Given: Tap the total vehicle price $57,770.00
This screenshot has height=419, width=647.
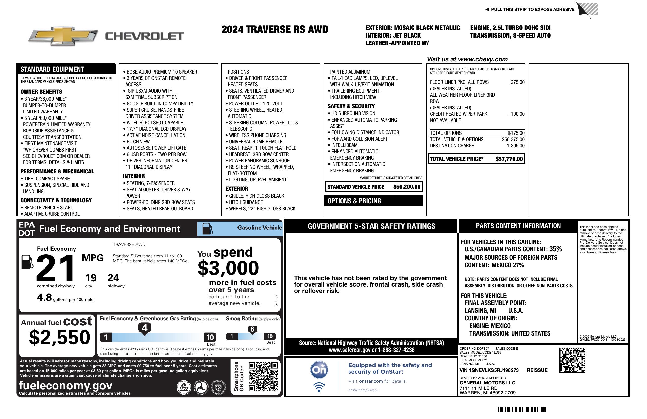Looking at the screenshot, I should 509,159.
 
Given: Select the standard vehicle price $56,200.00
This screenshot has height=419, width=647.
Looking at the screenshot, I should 407,187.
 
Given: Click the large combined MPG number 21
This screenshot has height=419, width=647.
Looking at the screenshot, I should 55,268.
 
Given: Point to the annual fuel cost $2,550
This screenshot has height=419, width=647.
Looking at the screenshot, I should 60,338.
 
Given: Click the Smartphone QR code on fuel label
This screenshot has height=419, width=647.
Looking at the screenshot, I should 263,376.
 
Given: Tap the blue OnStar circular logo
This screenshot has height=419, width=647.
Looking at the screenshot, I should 319,370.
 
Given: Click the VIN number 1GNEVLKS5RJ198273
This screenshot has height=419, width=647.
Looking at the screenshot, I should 489,370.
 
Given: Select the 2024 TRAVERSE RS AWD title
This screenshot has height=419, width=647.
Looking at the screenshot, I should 275,29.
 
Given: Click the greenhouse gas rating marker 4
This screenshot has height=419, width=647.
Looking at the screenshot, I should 145,328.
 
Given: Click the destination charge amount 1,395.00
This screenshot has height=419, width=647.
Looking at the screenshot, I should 516,146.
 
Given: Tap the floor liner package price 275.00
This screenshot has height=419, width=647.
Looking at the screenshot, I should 518,82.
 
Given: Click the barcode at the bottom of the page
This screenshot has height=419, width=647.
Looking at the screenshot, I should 521,409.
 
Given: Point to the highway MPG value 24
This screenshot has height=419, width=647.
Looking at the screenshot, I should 113,278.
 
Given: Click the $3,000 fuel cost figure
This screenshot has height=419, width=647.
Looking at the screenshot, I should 228,268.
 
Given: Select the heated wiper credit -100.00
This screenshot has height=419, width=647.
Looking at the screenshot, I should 517,114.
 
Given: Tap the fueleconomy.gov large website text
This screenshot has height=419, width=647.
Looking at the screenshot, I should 65,386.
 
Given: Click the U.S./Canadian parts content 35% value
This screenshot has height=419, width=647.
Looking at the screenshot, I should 555,249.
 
